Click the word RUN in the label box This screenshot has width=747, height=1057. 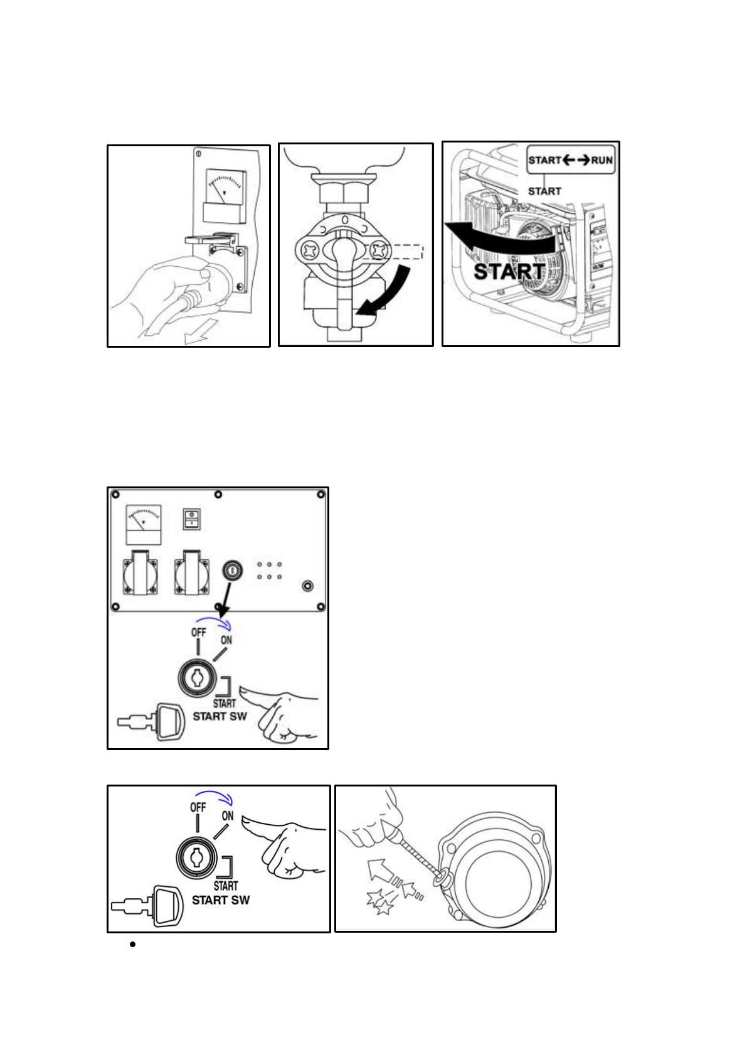coord(601,160)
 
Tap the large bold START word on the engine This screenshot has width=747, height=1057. coord(509,271)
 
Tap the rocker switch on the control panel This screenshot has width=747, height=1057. coord(191,519)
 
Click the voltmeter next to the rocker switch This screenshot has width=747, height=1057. coord(144,524)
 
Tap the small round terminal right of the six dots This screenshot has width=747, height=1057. coord(307,586)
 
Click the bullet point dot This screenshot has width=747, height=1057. coord(133,944)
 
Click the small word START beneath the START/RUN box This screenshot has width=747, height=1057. coord(544,191)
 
